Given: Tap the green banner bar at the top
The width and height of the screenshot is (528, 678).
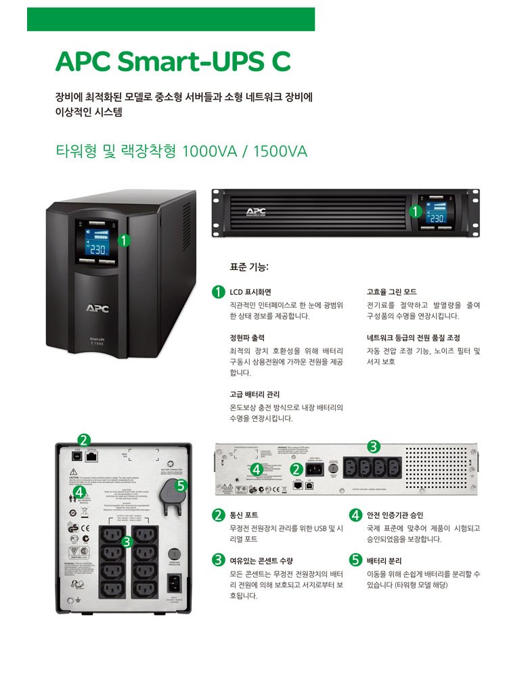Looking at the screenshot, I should [x=171, y=19].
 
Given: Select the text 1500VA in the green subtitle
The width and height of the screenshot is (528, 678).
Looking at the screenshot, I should [x=280, y=151].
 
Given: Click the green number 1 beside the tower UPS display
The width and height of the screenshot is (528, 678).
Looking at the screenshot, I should [x=124, y=239].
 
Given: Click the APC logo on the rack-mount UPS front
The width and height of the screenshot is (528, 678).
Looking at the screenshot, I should [x=255, y=210].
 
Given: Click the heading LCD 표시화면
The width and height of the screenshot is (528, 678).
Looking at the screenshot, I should [x=250, y=292].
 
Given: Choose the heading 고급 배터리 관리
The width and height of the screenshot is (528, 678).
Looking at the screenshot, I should [x=255, y=394].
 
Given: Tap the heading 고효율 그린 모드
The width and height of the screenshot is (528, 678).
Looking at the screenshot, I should [x=391, y=292].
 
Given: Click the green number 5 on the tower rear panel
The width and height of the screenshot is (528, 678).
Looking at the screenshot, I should [x=180, y=485].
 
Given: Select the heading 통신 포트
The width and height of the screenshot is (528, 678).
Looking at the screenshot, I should [x=244, y=515].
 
